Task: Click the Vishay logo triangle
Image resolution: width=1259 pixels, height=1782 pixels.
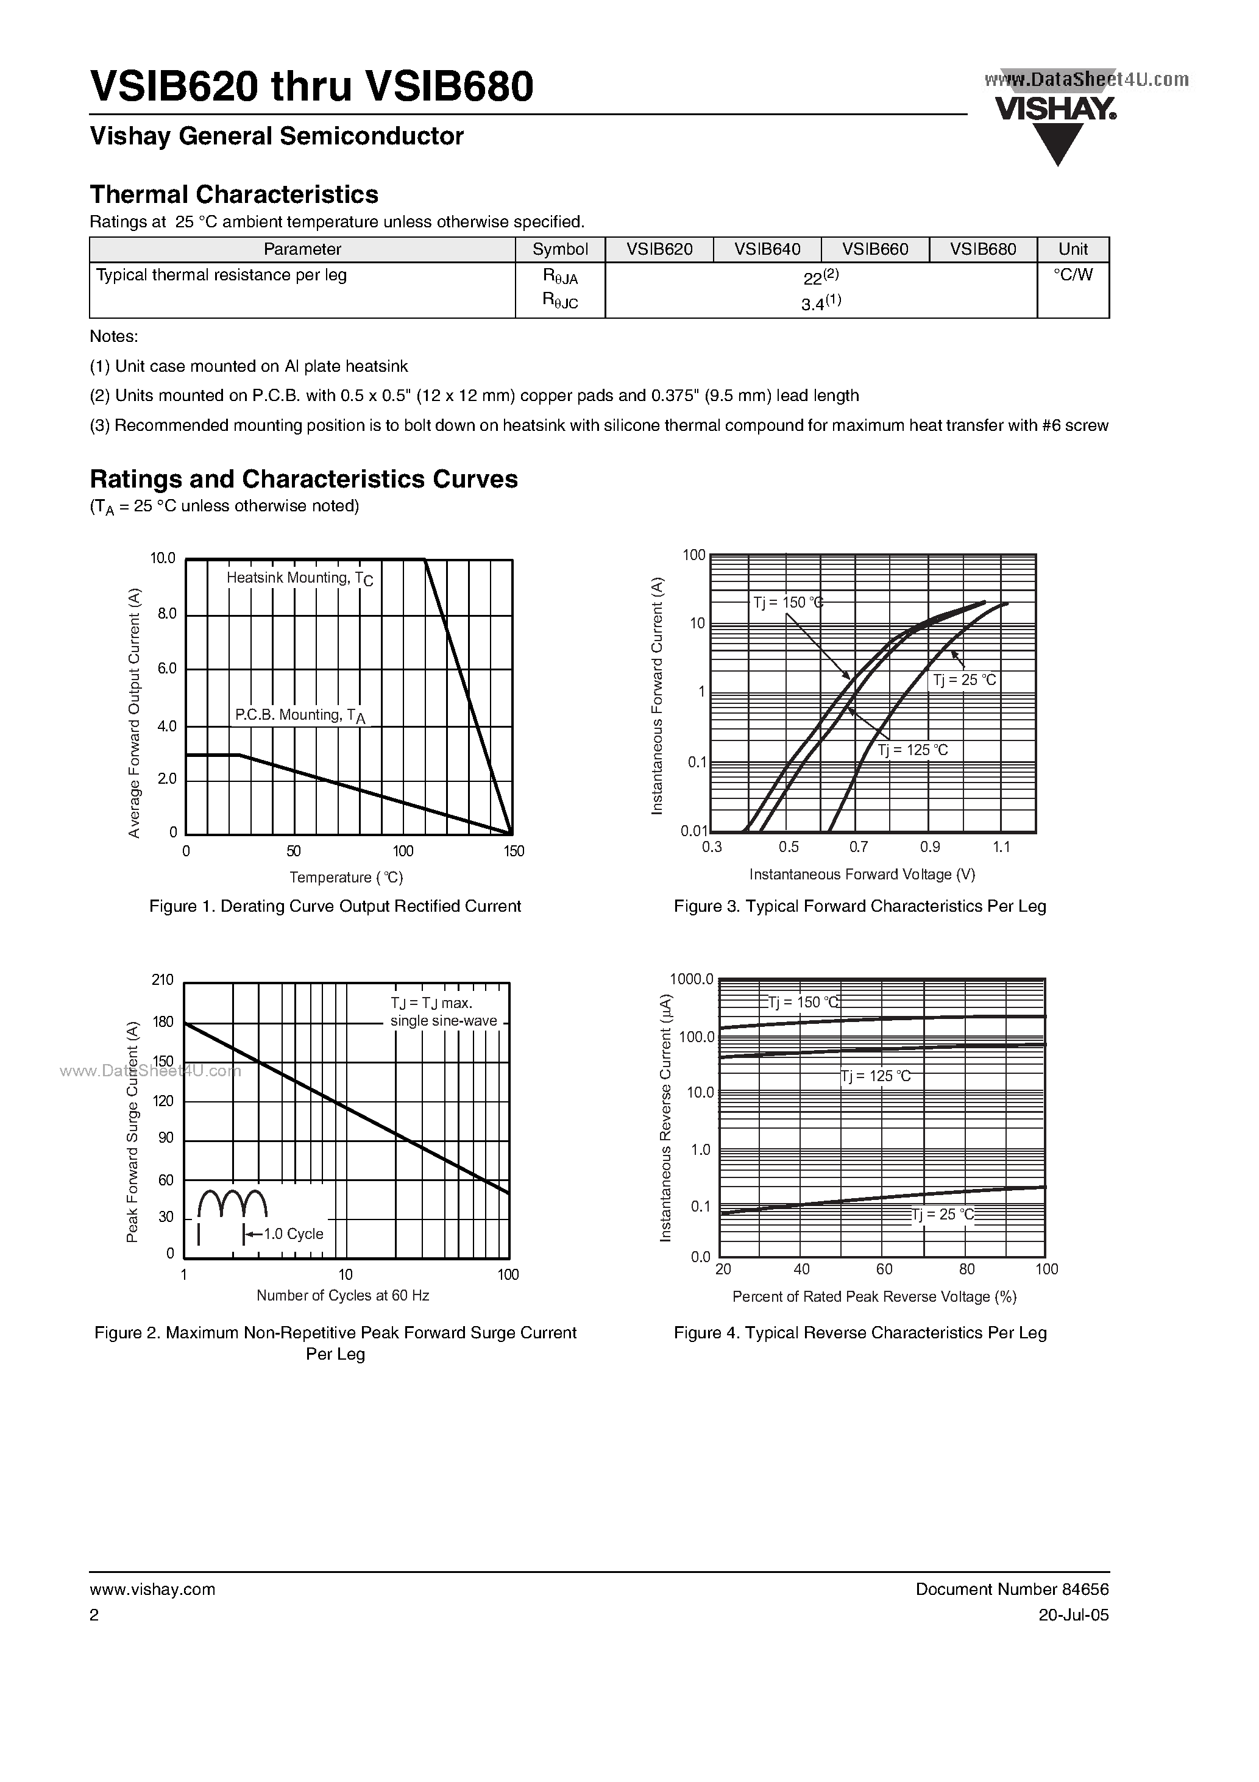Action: (x=1058, y=143)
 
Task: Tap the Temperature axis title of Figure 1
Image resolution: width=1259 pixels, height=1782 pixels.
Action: (x=346, y=877)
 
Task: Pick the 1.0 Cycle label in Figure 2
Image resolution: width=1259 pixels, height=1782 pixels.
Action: (x=293, y=1234)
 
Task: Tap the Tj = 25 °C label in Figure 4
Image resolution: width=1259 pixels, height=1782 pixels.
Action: (x=942, y=1215)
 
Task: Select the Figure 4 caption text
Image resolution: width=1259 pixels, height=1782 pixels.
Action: (x=860, y=1333)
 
